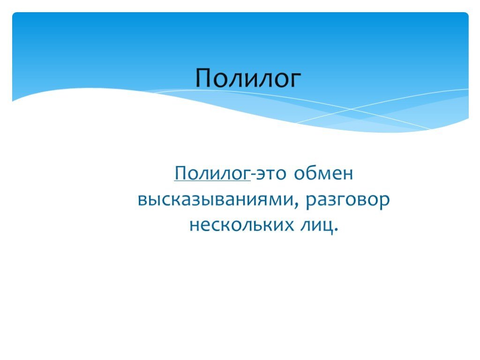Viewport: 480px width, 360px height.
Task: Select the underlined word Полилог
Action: point(212,174)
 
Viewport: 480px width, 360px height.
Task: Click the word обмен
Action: point(323,174)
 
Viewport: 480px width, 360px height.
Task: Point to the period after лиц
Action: point(335,231)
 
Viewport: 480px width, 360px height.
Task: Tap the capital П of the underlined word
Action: point(180,174)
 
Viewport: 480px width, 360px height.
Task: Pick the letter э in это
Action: point(259,175)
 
